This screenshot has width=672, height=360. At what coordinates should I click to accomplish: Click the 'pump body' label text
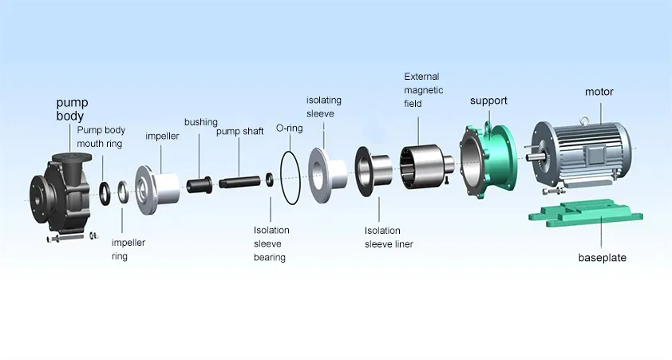72,109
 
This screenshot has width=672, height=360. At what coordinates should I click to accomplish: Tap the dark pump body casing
64,188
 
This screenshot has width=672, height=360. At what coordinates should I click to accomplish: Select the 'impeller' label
162,136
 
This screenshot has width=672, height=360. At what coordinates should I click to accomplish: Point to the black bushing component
198,185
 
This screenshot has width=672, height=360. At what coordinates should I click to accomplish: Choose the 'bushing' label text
200,122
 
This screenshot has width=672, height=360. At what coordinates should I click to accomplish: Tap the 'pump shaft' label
239,132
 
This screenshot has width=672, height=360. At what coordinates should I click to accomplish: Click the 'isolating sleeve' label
325,107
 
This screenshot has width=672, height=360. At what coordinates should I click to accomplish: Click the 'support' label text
488,101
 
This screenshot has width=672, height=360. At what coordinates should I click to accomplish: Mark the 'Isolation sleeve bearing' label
271,243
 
